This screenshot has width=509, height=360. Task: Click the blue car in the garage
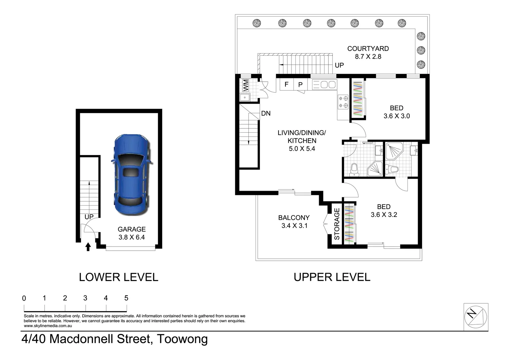(x=132, y=175)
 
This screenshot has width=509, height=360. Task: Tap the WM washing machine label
(x=246, y=85)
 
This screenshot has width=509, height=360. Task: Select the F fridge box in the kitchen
(x=286, y=84)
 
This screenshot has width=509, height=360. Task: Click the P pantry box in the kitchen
(x=300, y=85)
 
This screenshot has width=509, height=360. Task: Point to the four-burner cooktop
(x=343, y=102)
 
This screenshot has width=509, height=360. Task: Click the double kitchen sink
(x=324, y=85)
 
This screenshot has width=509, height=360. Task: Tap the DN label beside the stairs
(x=266, y=113)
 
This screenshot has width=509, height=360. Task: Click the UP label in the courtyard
(x=339, y=65)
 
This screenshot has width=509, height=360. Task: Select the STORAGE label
(x=337, y=224)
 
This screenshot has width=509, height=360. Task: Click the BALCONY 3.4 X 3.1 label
(x=294, y=222)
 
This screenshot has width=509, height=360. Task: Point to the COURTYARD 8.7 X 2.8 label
(x=368, y=52)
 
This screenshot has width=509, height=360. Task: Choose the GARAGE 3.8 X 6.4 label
(x=132, y=233)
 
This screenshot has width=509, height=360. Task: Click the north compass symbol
(x=476, y=317)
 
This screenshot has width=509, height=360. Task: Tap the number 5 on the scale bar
(x=126, y=298)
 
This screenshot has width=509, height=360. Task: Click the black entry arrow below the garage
(x=88, y=247)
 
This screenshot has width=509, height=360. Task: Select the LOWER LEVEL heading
(x=119, y=277)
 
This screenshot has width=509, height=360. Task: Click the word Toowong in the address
(x=183, y=339)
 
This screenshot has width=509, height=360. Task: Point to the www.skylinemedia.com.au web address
(x=48, y=326)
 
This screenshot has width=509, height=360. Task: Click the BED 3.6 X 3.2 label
(x=384, y=211)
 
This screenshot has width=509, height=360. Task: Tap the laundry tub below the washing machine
(x=245, y=97)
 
